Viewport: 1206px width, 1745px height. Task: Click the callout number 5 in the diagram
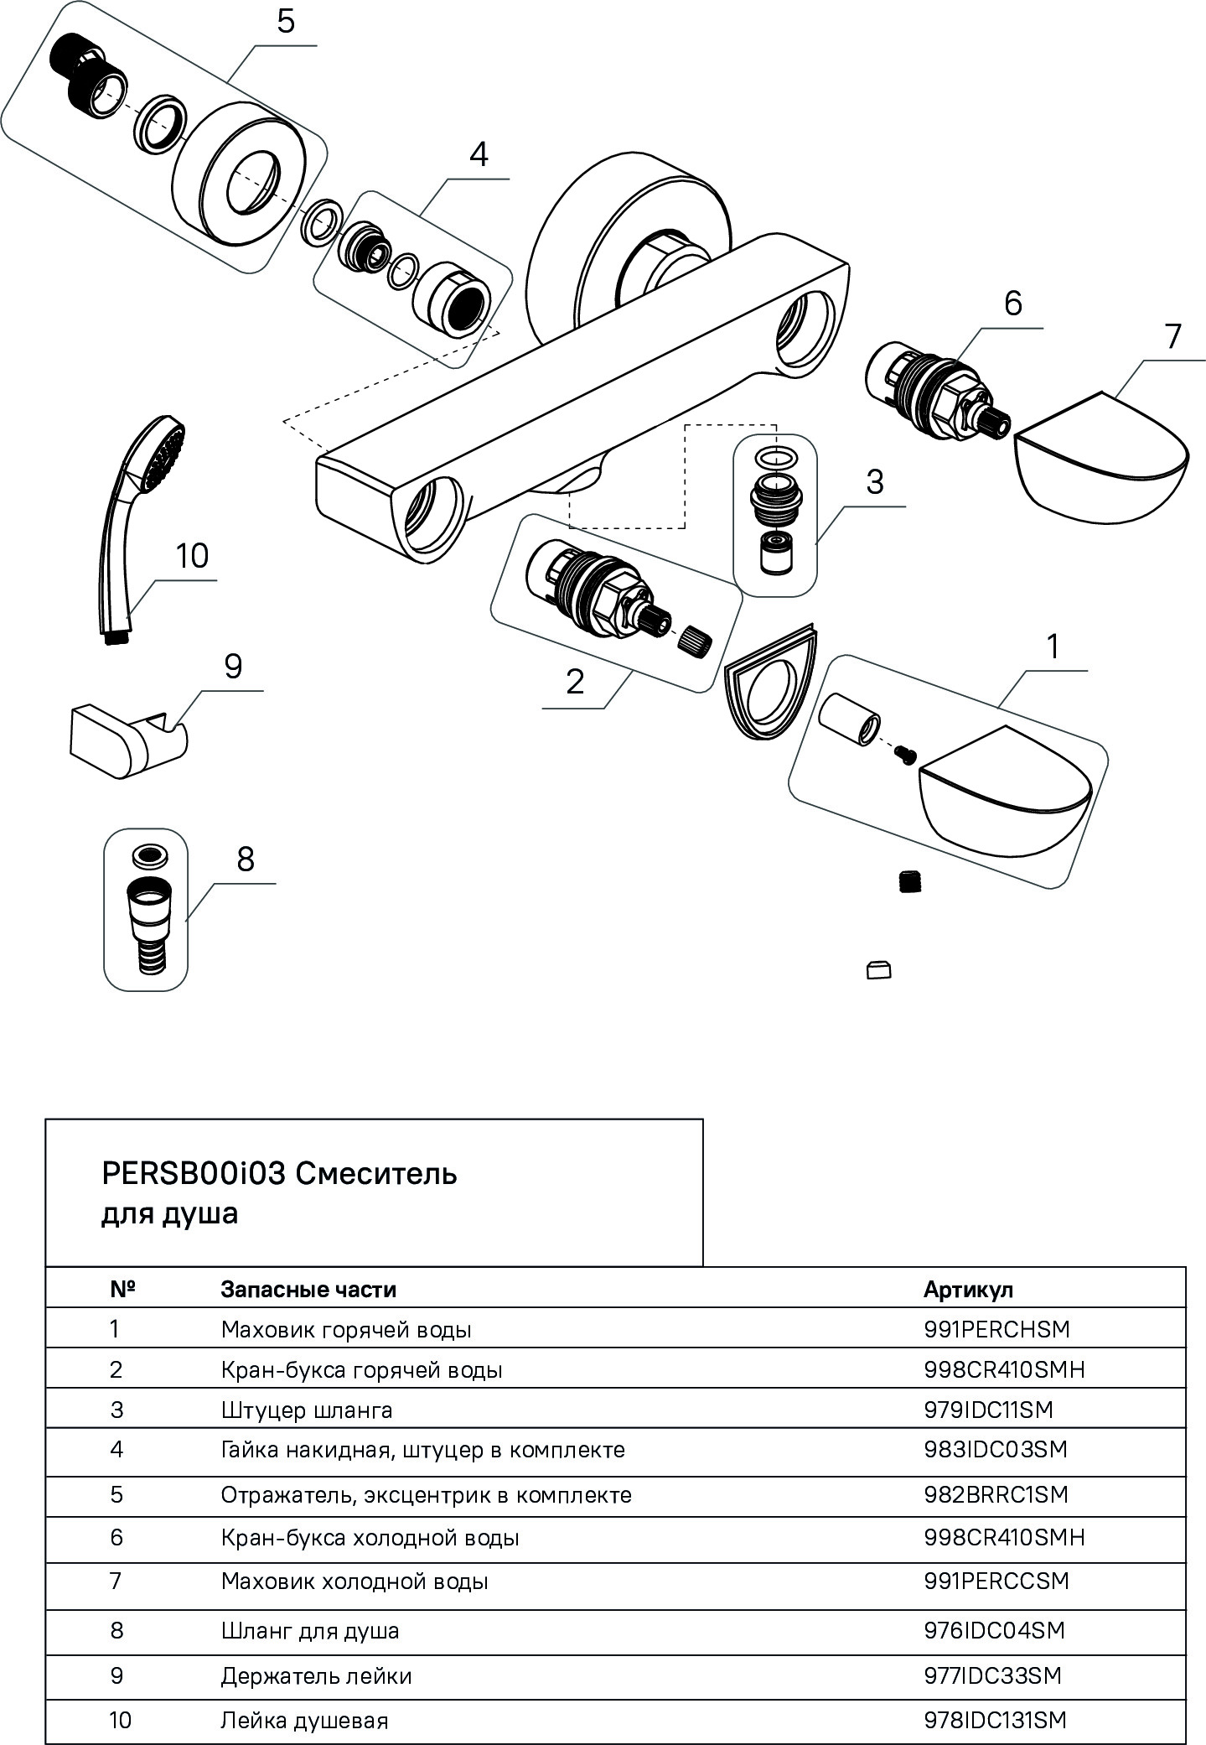(286, 22)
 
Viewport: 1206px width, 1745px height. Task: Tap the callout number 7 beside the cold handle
(1172, 337)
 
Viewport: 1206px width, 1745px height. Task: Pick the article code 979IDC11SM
(987, 1410)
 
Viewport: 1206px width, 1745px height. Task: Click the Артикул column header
(968, 1289)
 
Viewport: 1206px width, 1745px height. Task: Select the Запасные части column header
(308, 1289)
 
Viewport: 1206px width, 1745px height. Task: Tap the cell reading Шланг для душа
(310, 1630)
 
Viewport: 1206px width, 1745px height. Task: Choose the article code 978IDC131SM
(995, 1720)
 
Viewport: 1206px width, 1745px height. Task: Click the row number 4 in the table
(116, 1449)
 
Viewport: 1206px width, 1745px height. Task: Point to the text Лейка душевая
(304, 1721)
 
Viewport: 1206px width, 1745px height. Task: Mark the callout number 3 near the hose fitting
(874, 483)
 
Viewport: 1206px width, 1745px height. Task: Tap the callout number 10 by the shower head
(192, 556)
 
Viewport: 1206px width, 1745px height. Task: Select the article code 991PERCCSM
(996, 1581)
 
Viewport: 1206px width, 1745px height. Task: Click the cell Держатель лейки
(316, 1675)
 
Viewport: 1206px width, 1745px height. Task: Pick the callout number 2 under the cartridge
(575, 683)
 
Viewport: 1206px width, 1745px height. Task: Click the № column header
(122, 1289)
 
